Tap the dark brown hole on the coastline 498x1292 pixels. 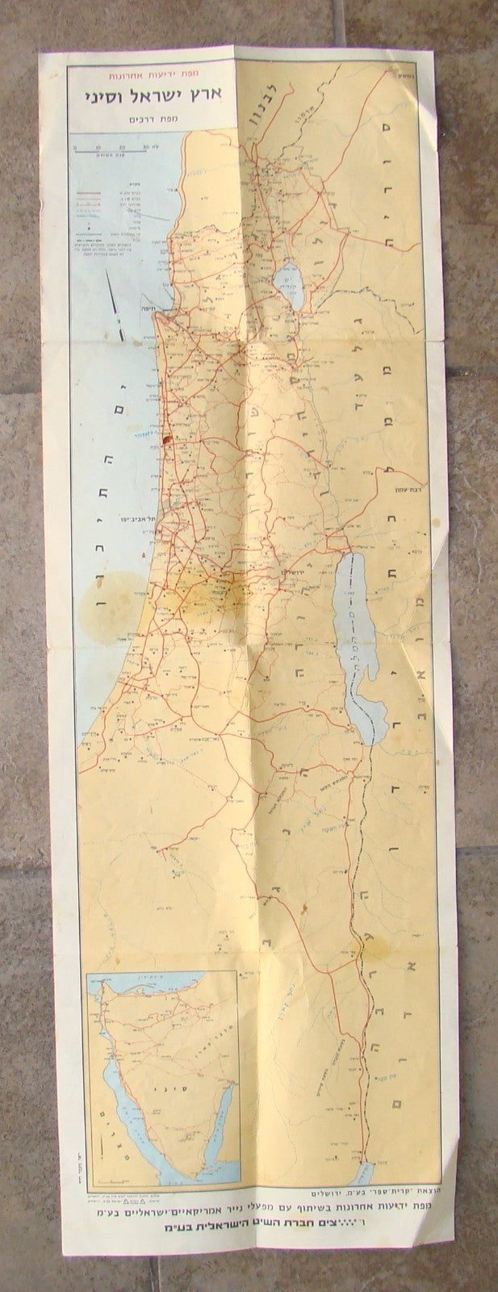[x=167, y=440]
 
